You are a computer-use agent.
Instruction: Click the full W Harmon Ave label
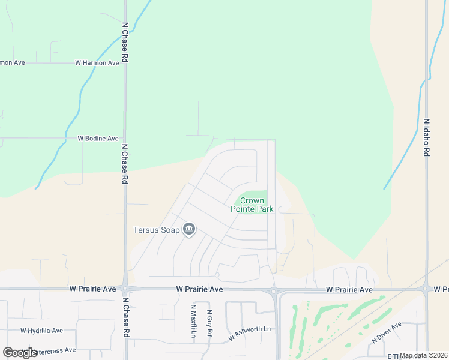pyautogui.click(x=97, y=63)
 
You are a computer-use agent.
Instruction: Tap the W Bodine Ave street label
pyautogui.click(x=98, y=139)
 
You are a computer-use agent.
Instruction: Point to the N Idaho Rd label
pyautogui.click(x=426, y=137)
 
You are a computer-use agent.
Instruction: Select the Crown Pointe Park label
pyautogui.click(x=252, y=205)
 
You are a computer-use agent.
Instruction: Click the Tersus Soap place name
pyautogui.click(x=156, y=230)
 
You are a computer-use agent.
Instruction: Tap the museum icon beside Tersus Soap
pyautogui.click(x=189, y=229)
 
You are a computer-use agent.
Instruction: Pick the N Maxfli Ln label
pyautogui.click(x=194, y=321)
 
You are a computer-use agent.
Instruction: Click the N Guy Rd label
pyautogui.click(x=209, y=323)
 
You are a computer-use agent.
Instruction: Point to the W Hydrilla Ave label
pyautogui.click(x=41, y=331)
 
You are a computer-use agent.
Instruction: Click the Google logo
pyautogui.click(x=20, y=353)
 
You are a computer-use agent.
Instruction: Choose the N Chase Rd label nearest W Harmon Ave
pyautogui.click(x=125, y=43)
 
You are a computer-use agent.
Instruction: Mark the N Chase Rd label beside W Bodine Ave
pyautogui.click(x=125, y=163)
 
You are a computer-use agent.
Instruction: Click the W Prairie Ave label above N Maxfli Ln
pyautogui.click(x=200, y=289)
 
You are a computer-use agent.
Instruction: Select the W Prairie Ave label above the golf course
pyautogui.click(x=349, y=290)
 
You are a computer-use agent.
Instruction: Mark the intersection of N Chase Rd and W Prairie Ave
pyautogui.click(x=125, y=289)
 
